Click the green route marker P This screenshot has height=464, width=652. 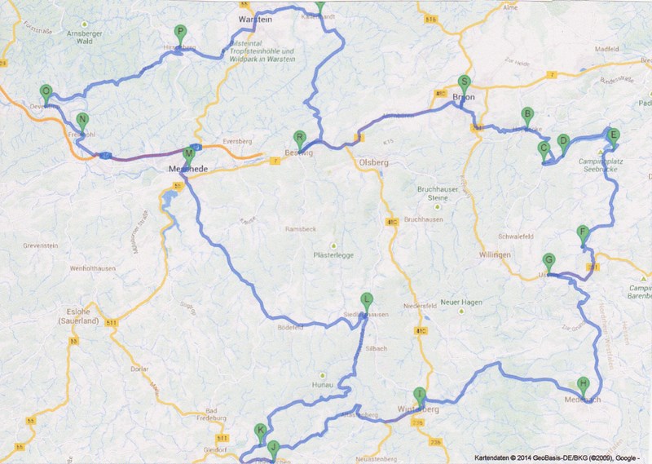(x=180, y=33)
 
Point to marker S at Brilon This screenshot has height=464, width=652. (x=465, y=82)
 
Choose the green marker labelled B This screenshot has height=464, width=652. (x=527, y=115)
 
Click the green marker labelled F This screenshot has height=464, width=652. (x=582, y=232)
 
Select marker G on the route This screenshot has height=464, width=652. (x=548, y=261)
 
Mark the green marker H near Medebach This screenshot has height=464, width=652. (x=583, y=384)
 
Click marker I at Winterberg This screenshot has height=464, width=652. (x=420, y=394)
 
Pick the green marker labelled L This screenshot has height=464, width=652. (x=367, y=299)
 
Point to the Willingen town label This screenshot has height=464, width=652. (x=495, y=255)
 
